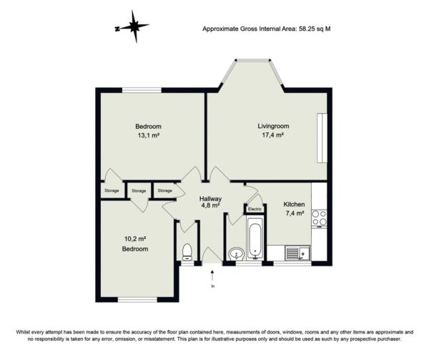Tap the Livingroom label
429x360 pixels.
coord(273,126)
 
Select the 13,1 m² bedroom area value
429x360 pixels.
coord(149,135)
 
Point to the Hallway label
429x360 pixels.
coord(210,199)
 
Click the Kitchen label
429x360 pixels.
coord(294,204)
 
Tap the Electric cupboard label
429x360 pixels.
coord(255,210)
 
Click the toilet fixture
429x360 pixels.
coord(187,252)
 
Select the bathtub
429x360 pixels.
coord(255,238)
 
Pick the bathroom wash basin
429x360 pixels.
coord(237,253)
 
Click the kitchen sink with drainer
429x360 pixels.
coord(297,253)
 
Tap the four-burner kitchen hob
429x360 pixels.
coord(319,218)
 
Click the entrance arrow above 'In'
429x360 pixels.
coord(212,276)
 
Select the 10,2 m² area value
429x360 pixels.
coord(135,239)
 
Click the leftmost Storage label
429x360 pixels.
coord(112,190)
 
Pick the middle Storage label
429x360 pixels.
coord(139,191)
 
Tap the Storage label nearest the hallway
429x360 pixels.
coord(164,190)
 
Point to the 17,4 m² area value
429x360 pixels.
coord(272,135)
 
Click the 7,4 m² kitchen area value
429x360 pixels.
coord(295,213)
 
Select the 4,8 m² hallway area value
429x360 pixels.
coord(210,205)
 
